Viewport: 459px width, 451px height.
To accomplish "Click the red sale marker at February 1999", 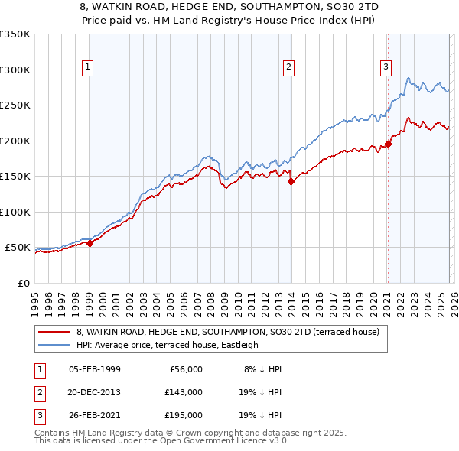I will point(90,244).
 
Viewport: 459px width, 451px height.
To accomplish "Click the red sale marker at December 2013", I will point(291,182).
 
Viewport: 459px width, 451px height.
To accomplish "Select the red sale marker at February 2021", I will point(389,143).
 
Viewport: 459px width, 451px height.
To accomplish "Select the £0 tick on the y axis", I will point(23,284).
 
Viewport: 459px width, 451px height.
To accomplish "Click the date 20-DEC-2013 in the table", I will point(94,392).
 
